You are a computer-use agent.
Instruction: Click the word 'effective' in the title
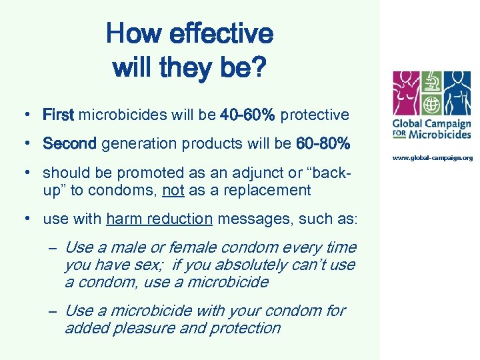(x=221, y=33)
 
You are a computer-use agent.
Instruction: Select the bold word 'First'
(x=59, y=115)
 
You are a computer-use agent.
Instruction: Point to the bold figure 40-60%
(x=247, y=115)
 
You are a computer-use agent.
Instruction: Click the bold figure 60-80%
(x=323, y=143)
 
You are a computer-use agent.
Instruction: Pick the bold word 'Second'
(x=70, y=143)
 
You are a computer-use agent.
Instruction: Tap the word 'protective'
(x=315, y=115)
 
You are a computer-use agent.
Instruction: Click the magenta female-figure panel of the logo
(x=407, y=94)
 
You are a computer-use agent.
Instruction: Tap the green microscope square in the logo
(x=432, y=83)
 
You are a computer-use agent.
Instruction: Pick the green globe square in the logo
(x=432, y=106)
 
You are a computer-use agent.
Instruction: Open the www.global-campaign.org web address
(x=433, y=158)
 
